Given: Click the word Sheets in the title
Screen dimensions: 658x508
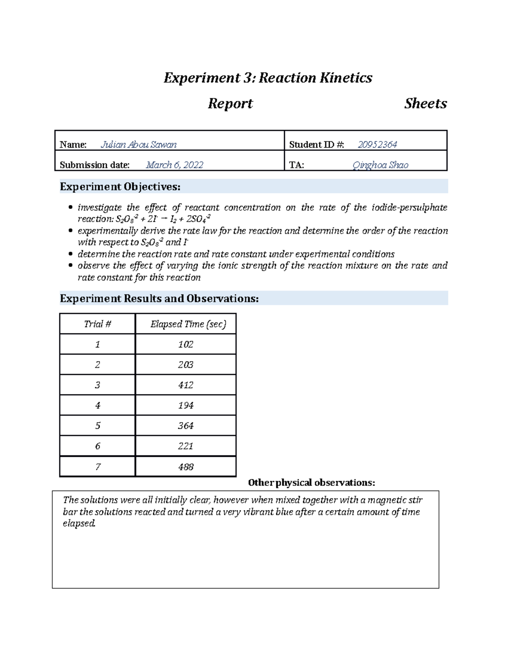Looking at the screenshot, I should (425, 103).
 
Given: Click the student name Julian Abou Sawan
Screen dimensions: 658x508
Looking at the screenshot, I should (138, 144).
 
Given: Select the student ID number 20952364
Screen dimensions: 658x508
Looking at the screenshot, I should (377, 144).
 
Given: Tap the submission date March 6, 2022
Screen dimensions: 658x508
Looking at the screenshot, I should (174, 165).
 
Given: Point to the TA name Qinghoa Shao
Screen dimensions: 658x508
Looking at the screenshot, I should (380, 165).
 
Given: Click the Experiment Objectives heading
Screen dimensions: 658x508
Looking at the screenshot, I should (120, 186).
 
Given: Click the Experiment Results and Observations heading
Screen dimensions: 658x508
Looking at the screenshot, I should (159, 298).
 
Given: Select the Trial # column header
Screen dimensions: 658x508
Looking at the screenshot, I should (97, 324).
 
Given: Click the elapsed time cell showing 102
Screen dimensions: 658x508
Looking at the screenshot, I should (185, 344).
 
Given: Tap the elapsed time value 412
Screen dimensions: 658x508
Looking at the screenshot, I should (185, 385).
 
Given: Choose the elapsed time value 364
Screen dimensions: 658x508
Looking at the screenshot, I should (185, 426).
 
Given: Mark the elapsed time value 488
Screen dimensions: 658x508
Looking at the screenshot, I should (185, 467).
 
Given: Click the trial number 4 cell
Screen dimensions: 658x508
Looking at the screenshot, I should (97, 405).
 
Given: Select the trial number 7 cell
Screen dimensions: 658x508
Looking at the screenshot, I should (97, 467).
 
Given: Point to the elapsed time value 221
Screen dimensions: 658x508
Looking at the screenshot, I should (185, 446).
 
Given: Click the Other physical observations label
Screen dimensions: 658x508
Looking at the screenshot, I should (311, 483).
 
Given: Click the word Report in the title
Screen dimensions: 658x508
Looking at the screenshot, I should (230, 103).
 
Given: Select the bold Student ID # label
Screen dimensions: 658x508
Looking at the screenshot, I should (316, 144).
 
